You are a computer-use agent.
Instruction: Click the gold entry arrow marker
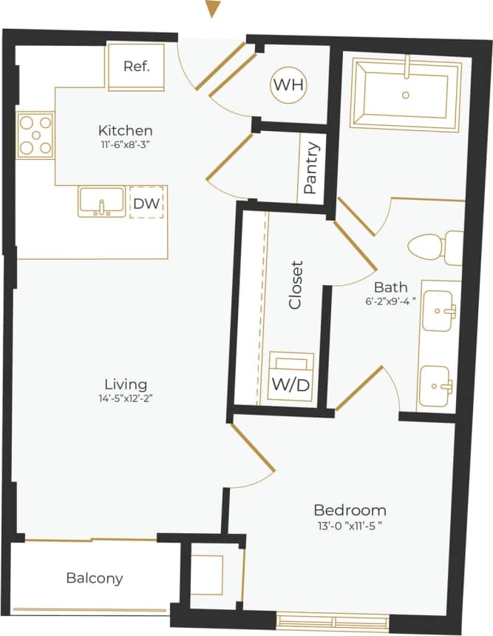[x=213, y=9]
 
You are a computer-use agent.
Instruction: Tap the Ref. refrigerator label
[x=137, y=66]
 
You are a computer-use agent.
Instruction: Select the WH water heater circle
[x=288, y=85]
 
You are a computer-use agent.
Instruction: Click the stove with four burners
[x=36, y=135]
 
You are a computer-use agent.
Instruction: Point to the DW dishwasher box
[x=147, y=204]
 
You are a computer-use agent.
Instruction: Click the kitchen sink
[x=101, y=202]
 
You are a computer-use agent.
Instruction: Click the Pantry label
[x=310, y=167]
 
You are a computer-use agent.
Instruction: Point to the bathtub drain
[x=405, y=95]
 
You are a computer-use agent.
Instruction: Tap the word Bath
[x=390, y=287]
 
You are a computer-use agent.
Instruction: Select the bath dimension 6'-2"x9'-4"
[x=390, y=301]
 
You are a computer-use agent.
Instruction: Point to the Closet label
[x=296, y=284]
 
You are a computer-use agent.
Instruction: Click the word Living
[x=125, y=384]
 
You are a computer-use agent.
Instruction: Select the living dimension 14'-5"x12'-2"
[x=125, y=398]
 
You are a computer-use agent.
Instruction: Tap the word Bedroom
[x=350, y=510]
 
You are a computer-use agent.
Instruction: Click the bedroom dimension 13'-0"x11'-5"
[x=350, y=525]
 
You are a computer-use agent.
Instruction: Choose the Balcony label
[x=94, y=578]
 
